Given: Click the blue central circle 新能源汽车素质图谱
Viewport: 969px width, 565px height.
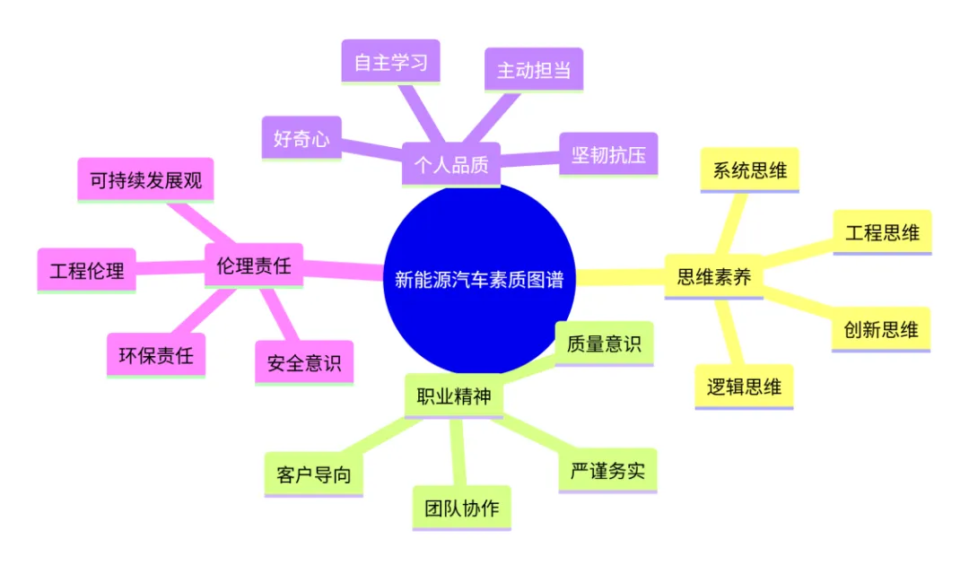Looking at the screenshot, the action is click(479, 279).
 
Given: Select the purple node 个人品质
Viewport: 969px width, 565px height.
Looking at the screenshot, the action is click(451, 164).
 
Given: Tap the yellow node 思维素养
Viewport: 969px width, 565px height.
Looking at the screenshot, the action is click(714, 276).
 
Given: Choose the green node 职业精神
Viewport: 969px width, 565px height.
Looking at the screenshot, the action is click(454, 395).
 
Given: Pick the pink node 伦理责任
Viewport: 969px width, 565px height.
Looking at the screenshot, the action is click(253, 265).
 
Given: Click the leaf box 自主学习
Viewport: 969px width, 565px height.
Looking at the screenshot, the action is click(390, 62).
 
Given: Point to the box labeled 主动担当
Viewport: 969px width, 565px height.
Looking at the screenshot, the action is click(534, 70).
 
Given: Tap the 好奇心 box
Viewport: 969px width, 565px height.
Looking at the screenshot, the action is click(301, 138).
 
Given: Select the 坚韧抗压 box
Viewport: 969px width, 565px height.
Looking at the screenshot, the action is click(608, 154).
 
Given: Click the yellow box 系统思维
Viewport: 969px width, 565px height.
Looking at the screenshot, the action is click(749, 169).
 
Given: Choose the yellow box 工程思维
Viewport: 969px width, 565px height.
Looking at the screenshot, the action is click(883, 232).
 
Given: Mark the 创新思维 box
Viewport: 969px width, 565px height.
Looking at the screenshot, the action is click(881, 329).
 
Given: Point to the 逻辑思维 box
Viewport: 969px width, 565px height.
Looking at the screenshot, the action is click(744, 387).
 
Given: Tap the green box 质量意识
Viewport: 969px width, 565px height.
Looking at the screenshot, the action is click(604, 343).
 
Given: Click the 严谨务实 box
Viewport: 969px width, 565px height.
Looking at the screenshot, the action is click(607, 471).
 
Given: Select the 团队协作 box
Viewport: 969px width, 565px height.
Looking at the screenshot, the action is click(462, 508).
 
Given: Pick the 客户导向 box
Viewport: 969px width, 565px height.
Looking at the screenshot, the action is click(313, 474).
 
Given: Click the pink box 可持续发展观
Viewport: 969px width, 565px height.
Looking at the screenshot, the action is click(146, 179).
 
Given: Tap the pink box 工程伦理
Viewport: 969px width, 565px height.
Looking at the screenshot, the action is click(86, 271).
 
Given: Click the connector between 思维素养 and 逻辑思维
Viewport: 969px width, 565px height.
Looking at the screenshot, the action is click(729, 332).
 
